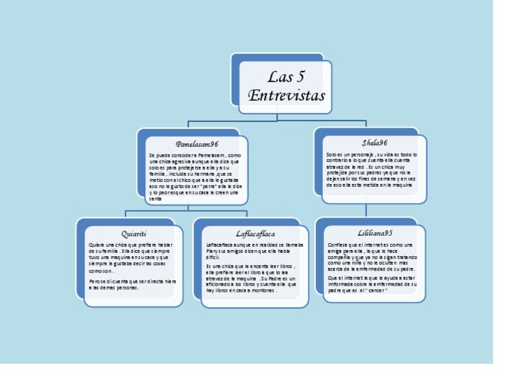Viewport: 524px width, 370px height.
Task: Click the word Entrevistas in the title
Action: point(286,95)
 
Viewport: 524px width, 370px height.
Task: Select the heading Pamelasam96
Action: point(196,144)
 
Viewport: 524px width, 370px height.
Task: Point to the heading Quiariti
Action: point(134,234)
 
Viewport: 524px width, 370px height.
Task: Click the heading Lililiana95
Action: point(370,233)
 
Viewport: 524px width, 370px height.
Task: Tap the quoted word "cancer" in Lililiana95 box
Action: point(376,291)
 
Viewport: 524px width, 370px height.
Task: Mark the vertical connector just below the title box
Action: point(277,117)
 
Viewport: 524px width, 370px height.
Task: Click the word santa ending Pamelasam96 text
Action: point(156,198)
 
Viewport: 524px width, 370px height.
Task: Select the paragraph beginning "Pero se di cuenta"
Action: point(132,283)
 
